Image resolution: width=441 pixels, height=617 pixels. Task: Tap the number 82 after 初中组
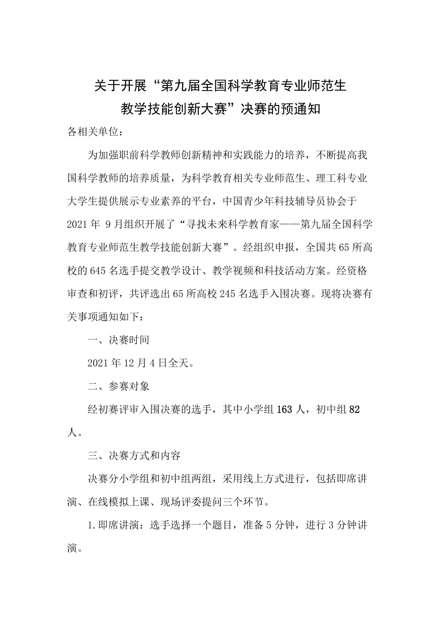coord(354,409)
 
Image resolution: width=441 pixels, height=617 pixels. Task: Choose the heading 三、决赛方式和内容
coord(134,456)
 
